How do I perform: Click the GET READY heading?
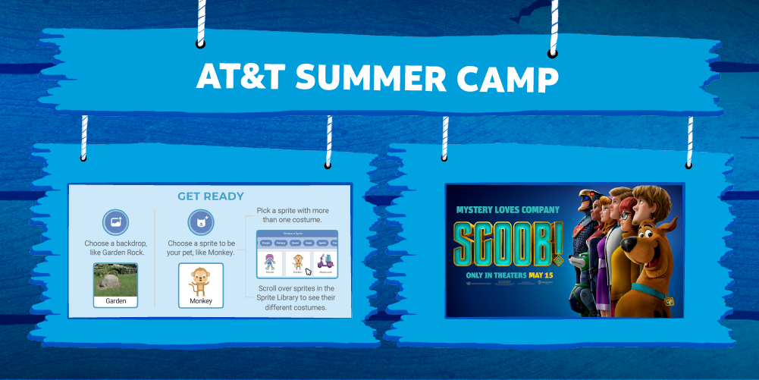211,196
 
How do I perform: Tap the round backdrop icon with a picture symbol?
116,223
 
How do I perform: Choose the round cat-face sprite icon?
201,223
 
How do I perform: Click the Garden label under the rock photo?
116,301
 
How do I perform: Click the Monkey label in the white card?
201,302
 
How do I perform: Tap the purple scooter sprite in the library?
325,262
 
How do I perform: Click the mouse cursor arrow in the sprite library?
309,271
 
